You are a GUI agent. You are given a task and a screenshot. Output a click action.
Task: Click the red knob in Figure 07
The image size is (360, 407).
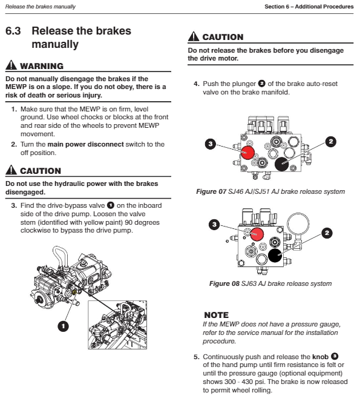click(x=247, y=153)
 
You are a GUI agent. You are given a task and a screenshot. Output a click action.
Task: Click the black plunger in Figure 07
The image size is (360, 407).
click(x=282, y=164)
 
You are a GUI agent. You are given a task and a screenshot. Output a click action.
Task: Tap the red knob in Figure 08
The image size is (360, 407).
click(x=257, y=234)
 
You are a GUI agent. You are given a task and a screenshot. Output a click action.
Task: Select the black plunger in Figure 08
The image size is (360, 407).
click(x=275, y=256)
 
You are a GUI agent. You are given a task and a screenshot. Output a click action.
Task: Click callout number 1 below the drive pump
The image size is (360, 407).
click(x=63, y=326)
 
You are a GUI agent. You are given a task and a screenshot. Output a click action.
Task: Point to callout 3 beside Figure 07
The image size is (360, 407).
click(x=211, y=144)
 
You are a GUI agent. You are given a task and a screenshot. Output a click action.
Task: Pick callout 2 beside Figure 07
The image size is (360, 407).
click(x=331, y=142)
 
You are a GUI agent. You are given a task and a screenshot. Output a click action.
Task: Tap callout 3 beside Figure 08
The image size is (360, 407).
click(x=214, y=225)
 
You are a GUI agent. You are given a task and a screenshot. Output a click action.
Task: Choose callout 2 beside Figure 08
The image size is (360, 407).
click(x=327, y=233)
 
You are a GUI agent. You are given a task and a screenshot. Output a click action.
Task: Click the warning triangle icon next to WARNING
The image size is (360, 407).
click(x=11, y=65)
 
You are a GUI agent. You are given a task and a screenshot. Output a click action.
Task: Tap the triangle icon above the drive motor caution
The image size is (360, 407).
click(x=194, y=36)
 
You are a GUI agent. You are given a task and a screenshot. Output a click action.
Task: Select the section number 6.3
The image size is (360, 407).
click(x=13, y=31)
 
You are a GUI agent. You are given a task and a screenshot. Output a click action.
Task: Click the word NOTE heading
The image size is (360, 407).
click(x=217, y=315)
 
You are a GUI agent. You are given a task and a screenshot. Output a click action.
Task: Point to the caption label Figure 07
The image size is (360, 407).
click(x=211, y=191)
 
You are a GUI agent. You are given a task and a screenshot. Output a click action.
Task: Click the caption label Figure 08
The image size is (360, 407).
click(x=224, y=283)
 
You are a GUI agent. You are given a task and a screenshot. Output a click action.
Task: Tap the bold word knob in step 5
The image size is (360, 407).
click(x=320, y=357)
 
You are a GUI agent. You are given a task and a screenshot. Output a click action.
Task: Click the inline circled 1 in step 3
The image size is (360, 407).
click(x=111, y=205)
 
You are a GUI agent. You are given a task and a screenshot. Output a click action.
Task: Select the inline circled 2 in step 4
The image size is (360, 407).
click(x=262, y=84)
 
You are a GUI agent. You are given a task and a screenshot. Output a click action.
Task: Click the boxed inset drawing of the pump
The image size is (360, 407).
click(x=117, y=325)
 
